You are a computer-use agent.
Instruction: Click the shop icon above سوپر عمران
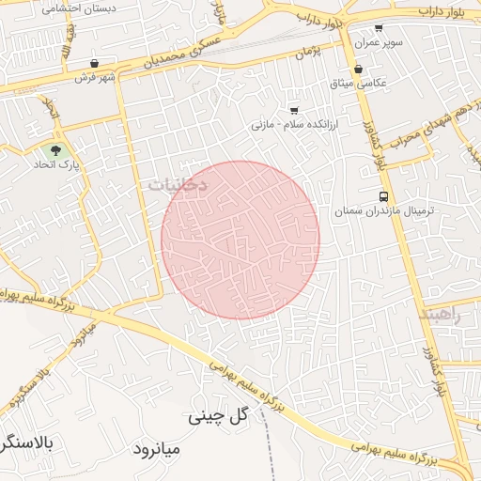[x=379, y=29]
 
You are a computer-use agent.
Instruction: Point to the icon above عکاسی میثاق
[x=359, y=69]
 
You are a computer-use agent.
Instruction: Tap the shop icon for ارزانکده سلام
[x=294, y=109]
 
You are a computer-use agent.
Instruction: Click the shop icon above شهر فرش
[x=94, y=63]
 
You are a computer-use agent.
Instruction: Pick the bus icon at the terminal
[x=383, y=196]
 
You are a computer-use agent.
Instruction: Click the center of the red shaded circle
[x=240, y=240]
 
